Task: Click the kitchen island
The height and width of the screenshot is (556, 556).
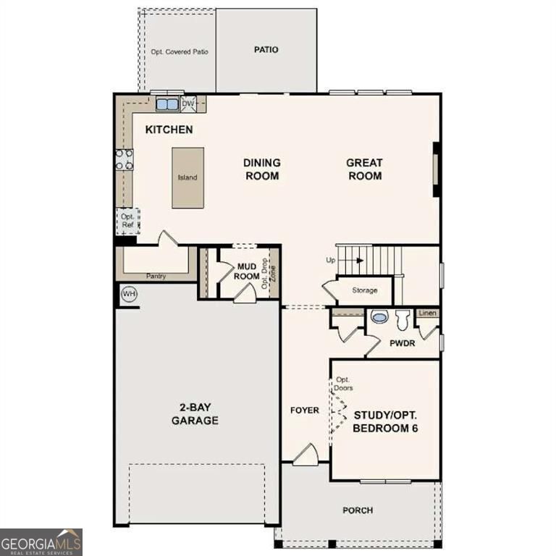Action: [188, 177]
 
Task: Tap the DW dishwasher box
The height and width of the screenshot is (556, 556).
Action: [188, 104]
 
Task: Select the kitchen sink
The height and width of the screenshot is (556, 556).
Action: [167, 104]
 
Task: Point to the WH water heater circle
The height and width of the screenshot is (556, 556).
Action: [129, 294]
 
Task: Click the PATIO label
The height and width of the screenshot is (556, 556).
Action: [266, 50]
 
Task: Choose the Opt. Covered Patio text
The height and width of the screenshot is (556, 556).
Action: [178, 52]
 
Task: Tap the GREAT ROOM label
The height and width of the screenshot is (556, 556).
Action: [364, 169]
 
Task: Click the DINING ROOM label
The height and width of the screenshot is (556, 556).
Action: [261, 169]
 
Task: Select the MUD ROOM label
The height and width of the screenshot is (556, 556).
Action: [248, 271]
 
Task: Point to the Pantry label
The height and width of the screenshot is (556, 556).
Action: [156, 276]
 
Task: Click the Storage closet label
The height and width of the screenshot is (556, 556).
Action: [365, 290]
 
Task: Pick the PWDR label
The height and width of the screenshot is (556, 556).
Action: [402, 343]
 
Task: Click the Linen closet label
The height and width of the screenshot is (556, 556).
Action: [428, 313]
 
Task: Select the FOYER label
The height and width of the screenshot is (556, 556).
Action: [305, 410]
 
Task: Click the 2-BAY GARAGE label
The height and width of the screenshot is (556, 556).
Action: [195, 413]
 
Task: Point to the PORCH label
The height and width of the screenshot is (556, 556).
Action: [358, 510]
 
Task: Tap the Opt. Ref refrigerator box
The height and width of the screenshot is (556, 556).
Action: [127, 221]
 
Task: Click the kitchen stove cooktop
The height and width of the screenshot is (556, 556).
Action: [124, 159]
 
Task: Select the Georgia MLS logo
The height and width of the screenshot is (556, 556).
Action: [41, 542]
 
